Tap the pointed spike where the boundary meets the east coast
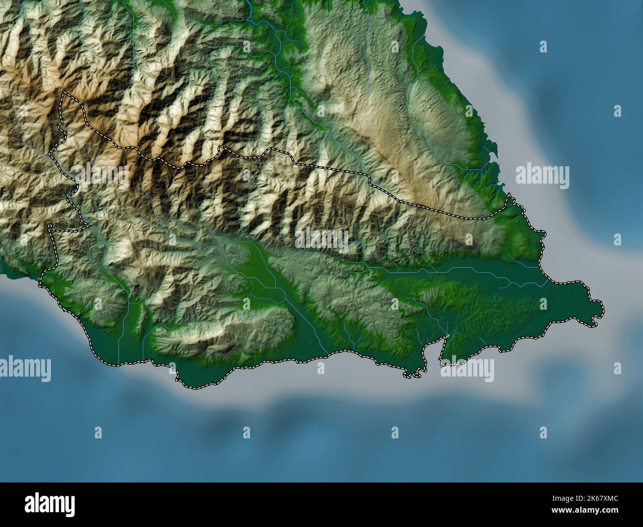coord(510,195)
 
